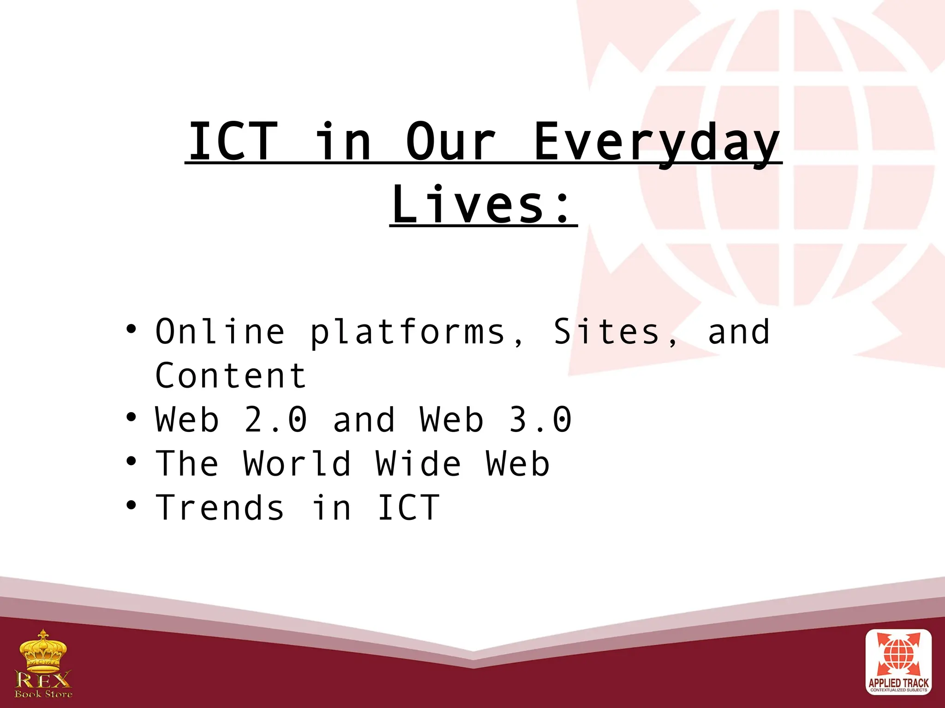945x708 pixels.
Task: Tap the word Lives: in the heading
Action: point(484,205)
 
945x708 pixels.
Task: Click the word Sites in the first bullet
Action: point(607,332)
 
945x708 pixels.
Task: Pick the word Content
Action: point(231,376)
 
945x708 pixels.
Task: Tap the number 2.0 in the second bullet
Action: point(275,420)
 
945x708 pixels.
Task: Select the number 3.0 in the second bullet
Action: point(540,420)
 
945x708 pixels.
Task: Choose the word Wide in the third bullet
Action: point(418,464)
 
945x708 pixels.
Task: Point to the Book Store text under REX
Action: point(43,694)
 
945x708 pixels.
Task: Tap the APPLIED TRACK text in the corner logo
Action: point(898,683)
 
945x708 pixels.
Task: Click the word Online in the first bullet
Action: point(220,332)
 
